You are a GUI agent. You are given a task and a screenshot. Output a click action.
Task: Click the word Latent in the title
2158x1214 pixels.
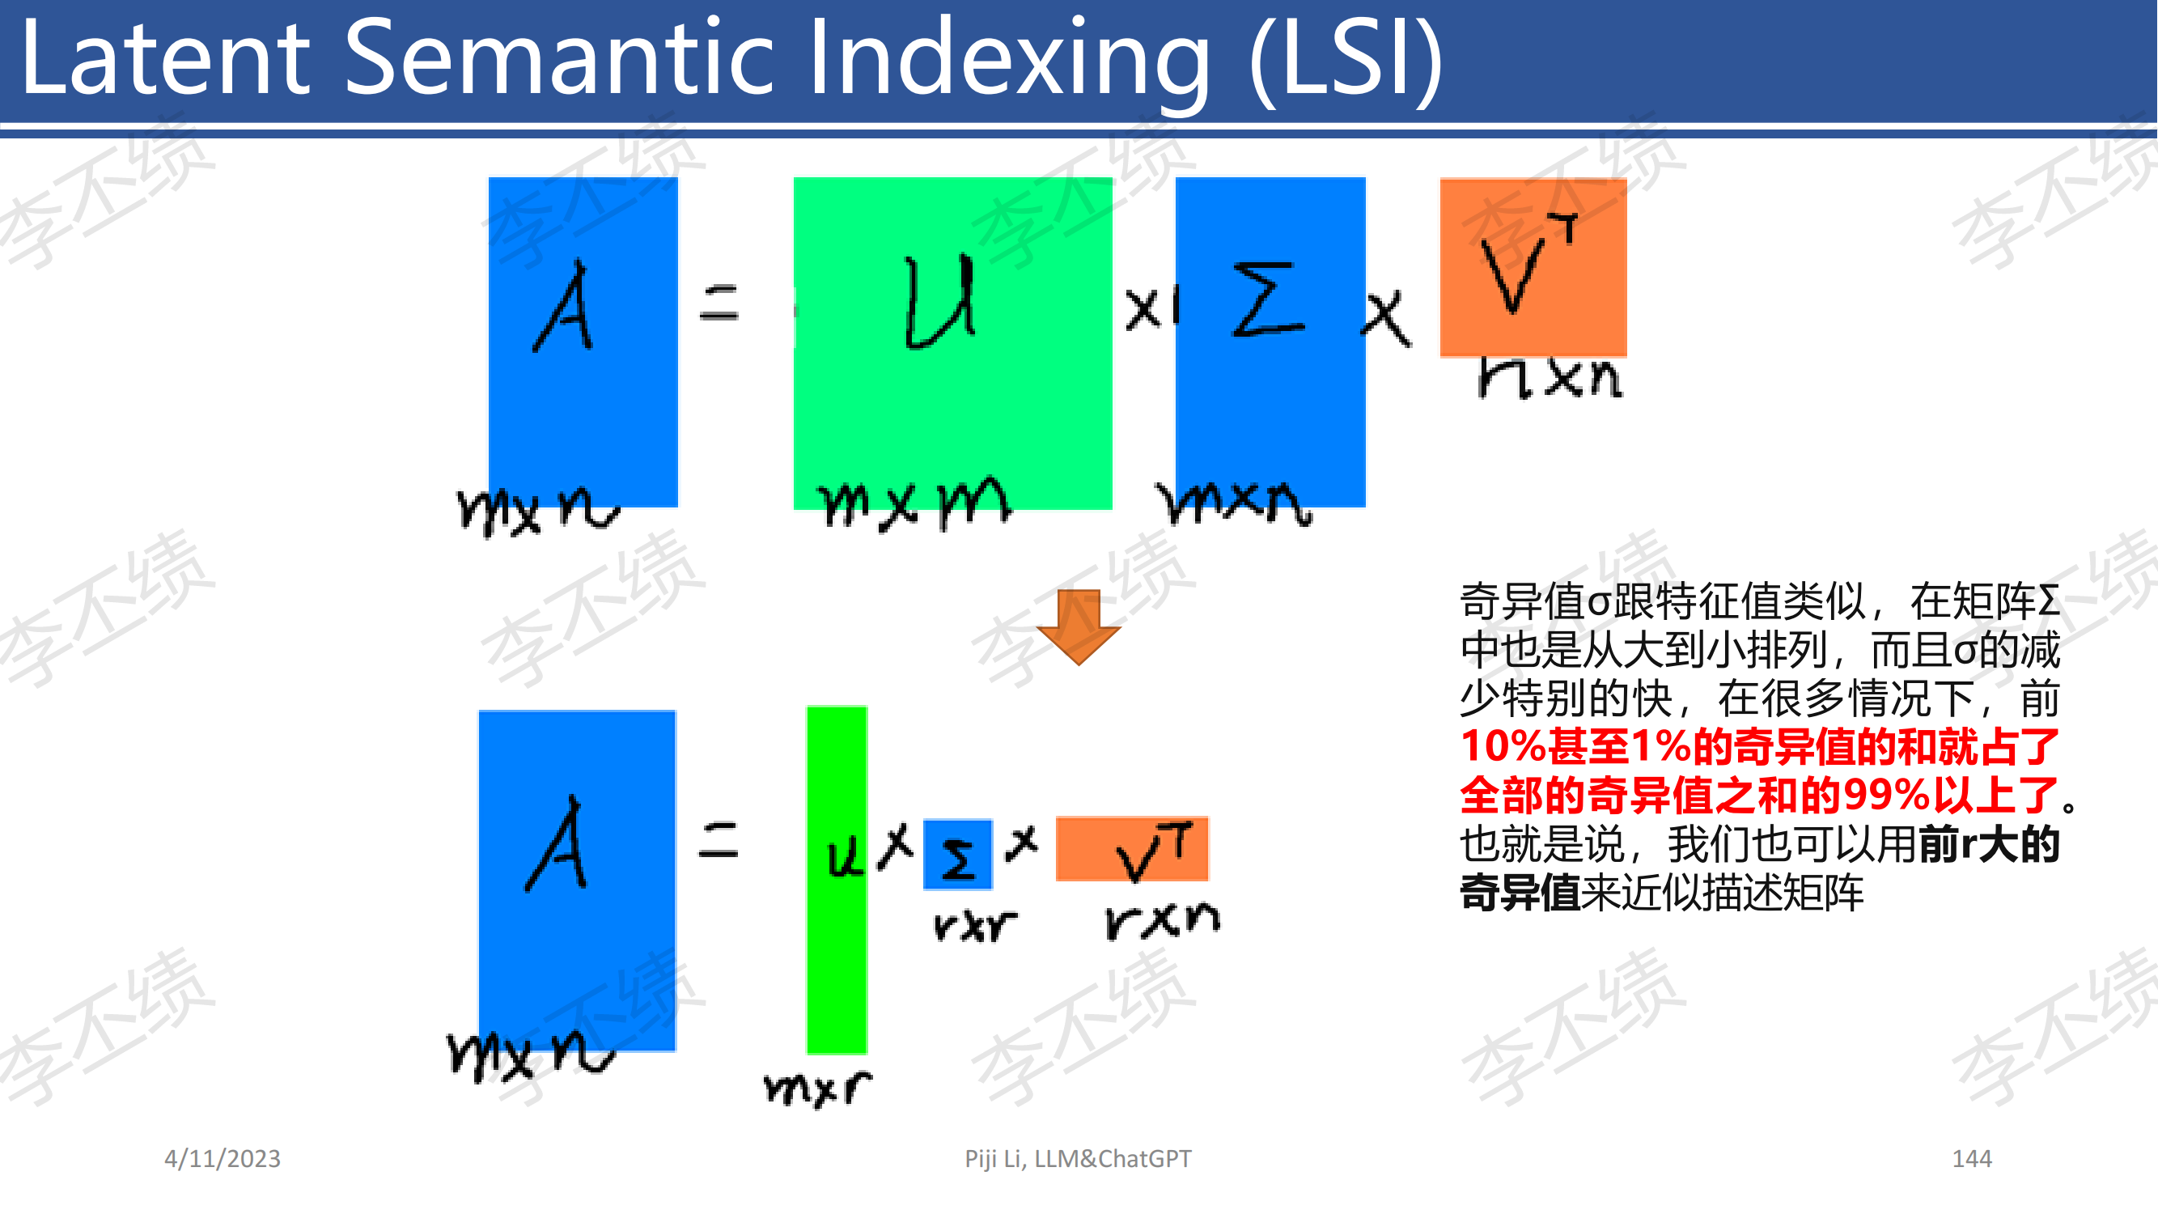tap(165, 58)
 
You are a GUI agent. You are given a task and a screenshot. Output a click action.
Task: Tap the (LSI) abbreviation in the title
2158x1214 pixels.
tap(1346, 61)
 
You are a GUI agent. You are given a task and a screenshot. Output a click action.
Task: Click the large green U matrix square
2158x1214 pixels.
tap(952, 342)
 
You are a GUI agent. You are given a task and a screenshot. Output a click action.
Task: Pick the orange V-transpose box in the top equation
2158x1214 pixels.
tap(1533, 267)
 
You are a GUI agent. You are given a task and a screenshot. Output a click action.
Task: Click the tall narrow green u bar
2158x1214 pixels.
tap(836, 880)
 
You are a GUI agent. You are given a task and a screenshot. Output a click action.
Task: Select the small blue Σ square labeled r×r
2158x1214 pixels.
tap(957, 855)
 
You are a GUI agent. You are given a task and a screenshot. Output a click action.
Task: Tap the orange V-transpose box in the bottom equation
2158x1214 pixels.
tap(1132, 849)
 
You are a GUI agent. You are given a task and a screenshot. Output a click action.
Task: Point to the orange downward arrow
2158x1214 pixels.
tap(1078, 626)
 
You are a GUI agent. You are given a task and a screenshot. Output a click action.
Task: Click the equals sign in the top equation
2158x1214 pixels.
tap(719, 303)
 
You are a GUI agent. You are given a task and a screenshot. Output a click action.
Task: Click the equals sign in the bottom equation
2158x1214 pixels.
tap(718, 840)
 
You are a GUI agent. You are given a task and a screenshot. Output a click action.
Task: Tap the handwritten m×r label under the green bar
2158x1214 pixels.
tap(816, 1089)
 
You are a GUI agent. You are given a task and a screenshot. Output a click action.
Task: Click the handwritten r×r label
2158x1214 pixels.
tap(974, 925)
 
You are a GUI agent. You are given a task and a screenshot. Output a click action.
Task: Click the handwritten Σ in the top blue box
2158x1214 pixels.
tap(1268, 299)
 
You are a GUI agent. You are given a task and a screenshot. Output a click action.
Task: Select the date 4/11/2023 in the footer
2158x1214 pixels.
tap(222, 1159)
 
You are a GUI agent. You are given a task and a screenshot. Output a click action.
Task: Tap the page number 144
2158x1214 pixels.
tap(1972, 1159)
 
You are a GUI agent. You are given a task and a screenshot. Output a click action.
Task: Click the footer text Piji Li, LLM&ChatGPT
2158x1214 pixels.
tap(1077, 1159)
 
